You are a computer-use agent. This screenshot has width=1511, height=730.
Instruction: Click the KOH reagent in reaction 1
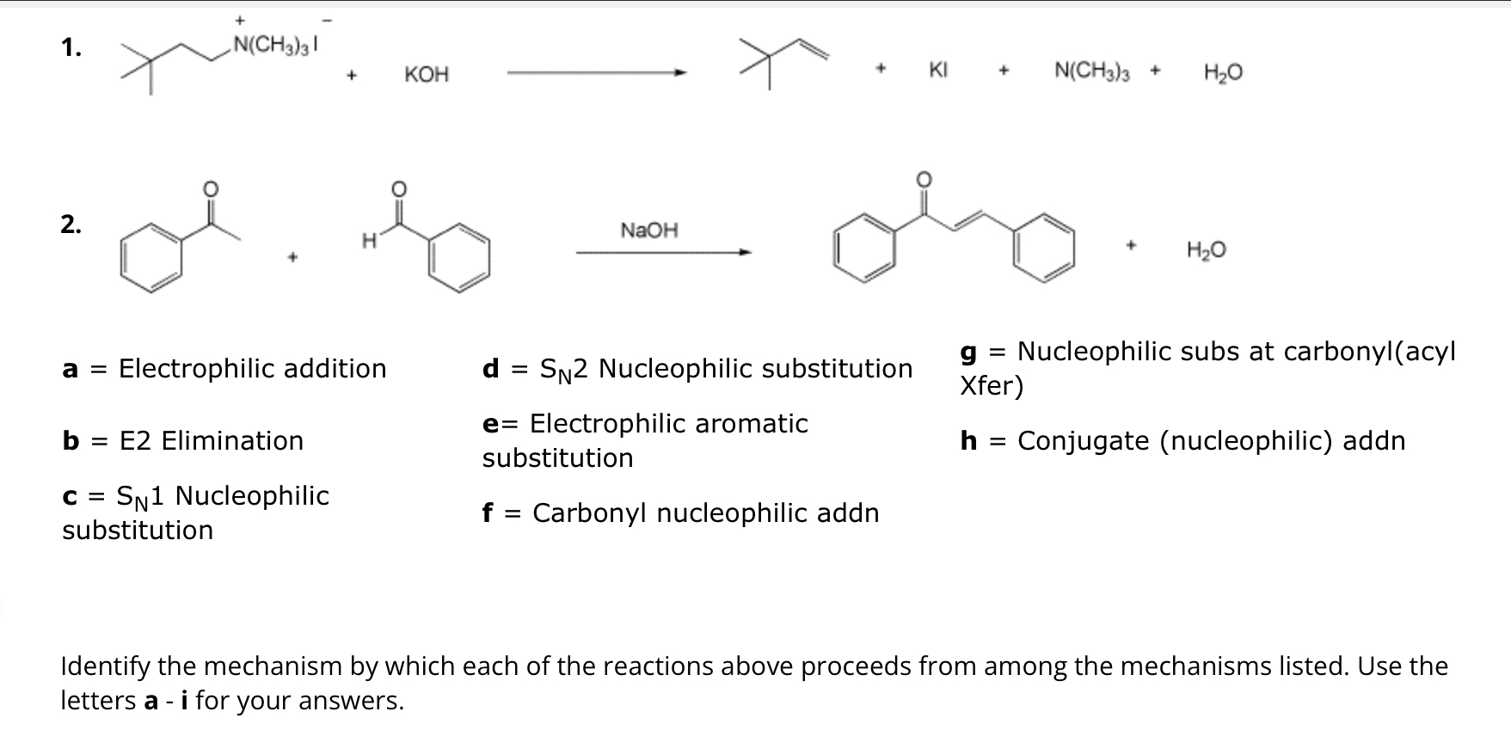[427, 75]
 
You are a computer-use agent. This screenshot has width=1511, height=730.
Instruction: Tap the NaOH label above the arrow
[649, 230]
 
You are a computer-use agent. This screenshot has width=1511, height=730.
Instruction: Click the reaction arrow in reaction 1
[598, 74]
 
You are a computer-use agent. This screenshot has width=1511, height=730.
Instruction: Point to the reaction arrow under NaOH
[663, 252]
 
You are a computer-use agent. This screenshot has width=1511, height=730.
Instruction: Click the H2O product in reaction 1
[1223, 73]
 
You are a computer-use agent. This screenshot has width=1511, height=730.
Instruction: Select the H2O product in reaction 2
[1206, 251]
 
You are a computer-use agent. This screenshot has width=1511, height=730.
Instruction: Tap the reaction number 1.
[71, 49]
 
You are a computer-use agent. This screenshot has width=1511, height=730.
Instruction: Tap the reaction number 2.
[71, 225]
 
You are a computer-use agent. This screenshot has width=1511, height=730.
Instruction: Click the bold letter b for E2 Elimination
[71, 441]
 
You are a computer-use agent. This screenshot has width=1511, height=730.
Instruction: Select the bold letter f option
[488, 513]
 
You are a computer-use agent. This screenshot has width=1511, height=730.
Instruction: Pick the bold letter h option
[969, 441]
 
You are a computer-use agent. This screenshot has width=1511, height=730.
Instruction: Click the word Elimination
[232, 441]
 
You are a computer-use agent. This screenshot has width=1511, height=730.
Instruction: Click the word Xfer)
[992, 386]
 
